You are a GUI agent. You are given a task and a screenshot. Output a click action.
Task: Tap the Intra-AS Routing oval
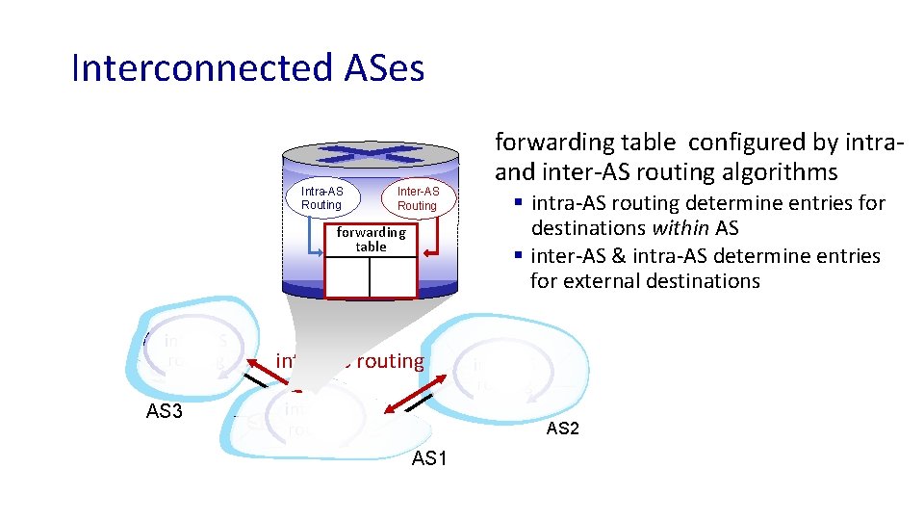click(321, 198)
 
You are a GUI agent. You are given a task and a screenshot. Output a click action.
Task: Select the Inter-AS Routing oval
click(417, 198)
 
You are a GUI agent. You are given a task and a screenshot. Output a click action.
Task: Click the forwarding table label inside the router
click(371, 240)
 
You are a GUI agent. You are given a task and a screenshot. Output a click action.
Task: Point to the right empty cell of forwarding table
click(393, 277)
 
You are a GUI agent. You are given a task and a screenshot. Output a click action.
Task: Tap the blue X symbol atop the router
click(371, 153)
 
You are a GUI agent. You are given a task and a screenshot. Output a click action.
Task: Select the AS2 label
click(562, 429)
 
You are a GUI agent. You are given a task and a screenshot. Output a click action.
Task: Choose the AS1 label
click(429, 458)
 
